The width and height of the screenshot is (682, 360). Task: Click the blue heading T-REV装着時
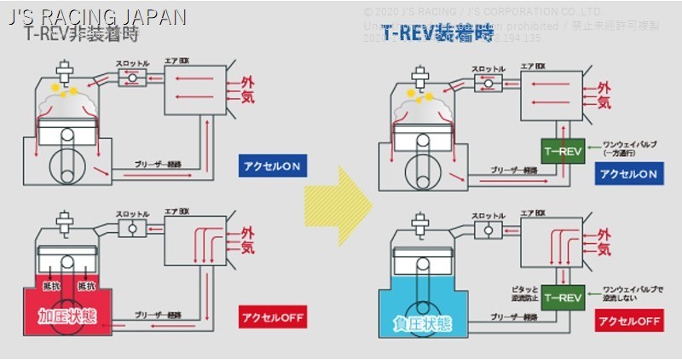pyautogui.click(x=437, y=34)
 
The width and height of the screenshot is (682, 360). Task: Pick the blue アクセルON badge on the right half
pyautogui.click(x=628, y=174)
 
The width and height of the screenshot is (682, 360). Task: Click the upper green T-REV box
pyautogui.click(x=562, y=151)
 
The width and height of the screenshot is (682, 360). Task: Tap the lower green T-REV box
pyautogui.click(x=562, y=298)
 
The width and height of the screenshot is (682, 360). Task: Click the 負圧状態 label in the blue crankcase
pyautogui.click(x=422, y=324)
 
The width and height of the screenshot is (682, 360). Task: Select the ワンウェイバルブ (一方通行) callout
pyautogui.click(x=626, y=148)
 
